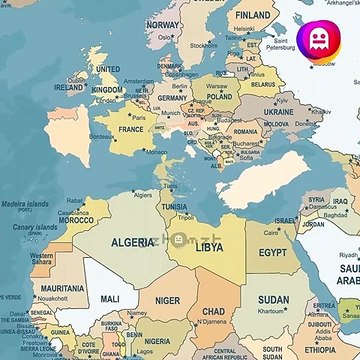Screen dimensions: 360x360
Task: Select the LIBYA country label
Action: point(209,246)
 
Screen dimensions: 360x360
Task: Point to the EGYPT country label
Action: point(272,253)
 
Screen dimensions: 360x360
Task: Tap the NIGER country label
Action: point(168,299)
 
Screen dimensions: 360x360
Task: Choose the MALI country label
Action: point(110,298)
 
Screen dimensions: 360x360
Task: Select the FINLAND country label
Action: point(253,16)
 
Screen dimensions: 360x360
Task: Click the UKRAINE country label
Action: point(278,113)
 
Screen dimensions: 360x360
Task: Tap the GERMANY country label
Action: point(172,99)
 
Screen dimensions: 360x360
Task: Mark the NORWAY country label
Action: point(163,24)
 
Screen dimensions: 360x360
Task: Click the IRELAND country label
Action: point(69,87)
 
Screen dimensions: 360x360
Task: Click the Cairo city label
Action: point(271,233)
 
